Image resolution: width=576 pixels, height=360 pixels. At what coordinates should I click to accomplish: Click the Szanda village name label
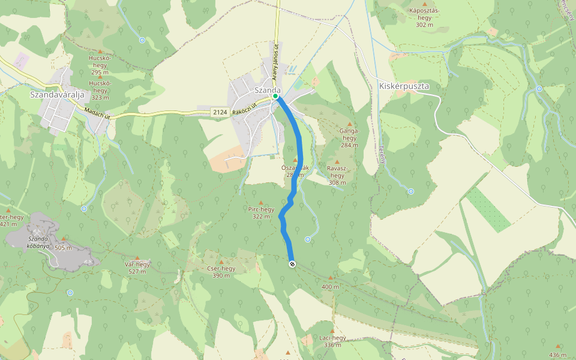[x=268, y=89]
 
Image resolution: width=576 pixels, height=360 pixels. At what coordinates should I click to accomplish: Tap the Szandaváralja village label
[x=56, y=94]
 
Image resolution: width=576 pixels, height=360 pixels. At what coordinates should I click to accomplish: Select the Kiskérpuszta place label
[x=404, y=86]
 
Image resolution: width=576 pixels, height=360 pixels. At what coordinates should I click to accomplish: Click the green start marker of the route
[x=275, y=96]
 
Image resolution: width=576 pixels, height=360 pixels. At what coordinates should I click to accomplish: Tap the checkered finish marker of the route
[x=292, y=263]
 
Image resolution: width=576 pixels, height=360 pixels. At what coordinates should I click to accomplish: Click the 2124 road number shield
[x=220, y=112]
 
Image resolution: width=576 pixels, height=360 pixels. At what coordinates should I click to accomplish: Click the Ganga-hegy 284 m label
[x=349, y=137]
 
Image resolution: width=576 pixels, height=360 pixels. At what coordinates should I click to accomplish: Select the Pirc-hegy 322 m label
[x=261, y=212]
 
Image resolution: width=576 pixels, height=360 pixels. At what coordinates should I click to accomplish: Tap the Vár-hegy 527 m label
[x=137, y=267]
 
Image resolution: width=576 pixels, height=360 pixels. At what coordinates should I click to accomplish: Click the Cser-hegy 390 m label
[x=220, y=271]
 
